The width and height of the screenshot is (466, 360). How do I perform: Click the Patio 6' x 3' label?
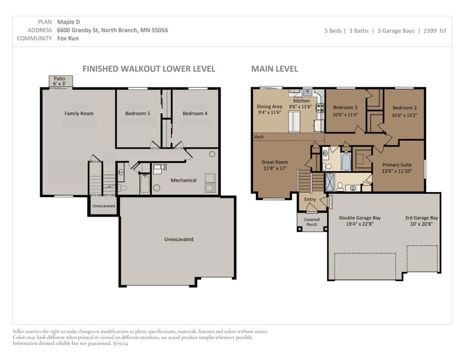coord(60,81)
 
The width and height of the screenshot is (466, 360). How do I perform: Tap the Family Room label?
coord(79,113)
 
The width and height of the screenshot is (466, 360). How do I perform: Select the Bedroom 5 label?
coord(137,113)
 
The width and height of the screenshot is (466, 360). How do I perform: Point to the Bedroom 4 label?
coord(195,113)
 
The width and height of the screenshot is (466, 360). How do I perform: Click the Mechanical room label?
coord(184,180)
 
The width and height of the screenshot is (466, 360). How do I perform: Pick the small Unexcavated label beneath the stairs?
coord(103,206)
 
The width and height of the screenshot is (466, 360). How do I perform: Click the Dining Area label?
coord(269,109)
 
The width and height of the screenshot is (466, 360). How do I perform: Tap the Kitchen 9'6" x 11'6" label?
coord(300,104)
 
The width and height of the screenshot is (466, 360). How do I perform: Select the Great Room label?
coord(274,165)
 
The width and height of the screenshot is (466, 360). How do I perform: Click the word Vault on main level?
coord(259,137)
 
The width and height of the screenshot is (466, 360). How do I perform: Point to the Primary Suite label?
coord(397,167)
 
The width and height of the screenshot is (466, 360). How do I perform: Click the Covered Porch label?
coord(312,222)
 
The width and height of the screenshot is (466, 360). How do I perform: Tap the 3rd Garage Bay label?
coord(421,221)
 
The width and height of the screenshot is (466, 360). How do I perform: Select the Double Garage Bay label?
coord(360,221)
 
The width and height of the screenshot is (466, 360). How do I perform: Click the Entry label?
coord(310,199)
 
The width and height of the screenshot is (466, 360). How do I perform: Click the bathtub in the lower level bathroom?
coord(145,184)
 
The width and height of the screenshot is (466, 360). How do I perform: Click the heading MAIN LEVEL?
coord(274,69)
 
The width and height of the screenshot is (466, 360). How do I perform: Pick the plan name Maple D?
coord(68,22)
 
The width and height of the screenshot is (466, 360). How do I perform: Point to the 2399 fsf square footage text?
coord(435,30)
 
